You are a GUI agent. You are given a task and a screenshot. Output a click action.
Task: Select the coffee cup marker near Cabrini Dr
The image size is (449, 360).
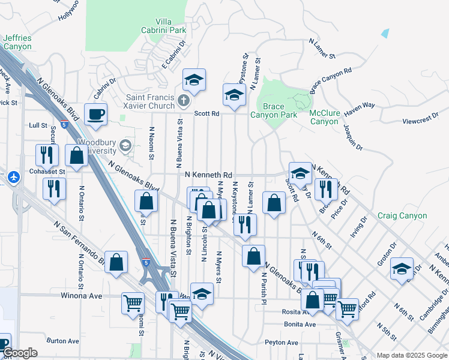point(95,113)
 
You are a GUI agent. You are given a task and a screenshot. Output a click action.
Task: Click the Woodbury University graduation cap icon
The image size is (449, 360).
point(125,145)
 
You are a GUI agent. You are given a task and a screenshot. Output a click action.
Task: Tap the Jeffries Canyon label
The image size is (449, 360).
point(17,41)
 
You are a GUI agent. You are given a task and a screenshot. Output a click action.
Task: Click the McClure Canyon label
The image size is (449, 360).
point(324,117)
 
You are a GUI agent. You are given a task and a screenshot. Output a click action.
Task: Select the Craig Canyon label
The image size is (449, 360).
point(403,215)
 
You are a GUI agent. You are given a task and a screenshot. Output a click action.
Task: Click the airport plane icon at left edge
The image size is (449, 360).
point(15,178)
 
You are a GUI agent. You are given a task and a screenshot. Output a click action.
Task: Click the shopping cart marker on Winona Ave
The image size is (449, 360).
point(133,302)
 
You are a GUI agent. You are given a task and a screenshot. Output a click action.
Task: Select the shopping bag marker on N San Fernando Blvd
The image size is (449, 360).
point(116,261)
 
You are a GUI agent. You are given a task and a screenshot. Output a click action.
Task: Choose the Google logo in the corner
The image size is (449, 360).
point(20,353)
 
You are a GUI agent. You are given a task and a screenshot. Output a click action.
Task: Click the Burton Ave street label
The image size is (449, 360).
point(62,341)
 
